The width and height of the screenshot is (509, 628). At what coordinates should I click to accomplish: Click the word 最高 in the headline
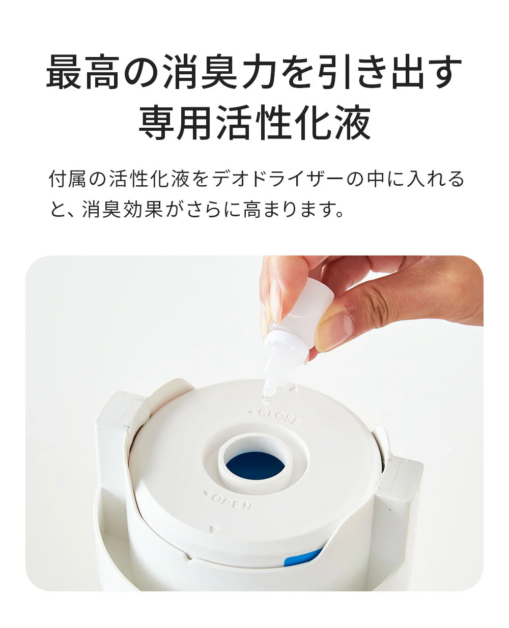pyautogui.click(x=83, y=72)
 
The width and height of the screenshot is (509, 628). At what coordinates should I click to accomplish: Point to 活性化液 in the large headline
pyautogui.click(x=293, y=122)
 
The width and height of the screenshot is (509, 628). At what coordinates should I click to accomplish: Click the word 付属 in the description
pyautogui.click(x=67, y=179)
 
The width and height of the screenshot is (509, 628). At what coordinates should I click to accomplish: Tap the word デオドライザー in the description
pyautogui.click(x=278, y=179)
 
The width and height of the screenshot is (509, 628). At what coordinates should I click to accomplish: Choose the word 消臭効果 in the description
pyautogui.click(x=122, y=209)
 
